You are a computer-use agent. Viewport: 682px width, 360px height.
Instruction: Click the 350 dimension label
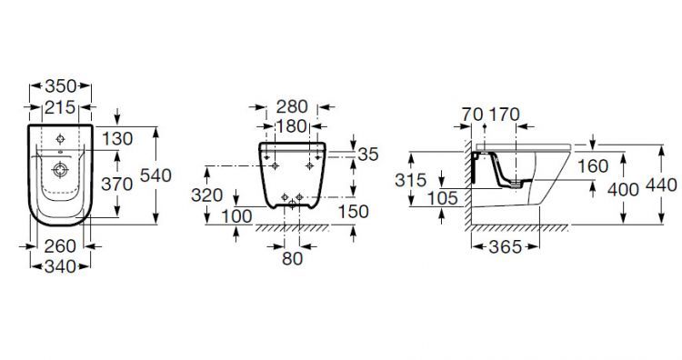click(x=60, y=86)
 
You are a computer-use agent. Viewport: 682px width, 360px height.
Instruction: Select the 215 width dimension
click(x=60, y=107)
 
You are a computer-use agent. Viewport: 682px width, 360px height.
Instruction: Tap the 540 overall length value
click(x=155, y=175)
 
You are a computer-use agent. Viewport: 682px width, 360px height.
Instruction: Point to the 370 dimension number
click(x=116, y=185)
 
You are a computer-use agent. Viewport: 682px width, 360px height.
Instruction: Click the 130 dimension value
click(x=117, y=139)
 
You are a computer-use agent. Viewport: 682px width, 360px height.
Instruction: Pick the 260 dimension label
click(x=60, y=246)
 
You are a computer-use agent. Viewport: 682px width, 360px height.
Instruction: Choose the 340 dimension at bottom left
click(x=60, y=266)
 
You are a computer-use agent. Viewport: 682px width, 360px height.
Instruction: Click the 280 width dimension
click(x=292, y=107)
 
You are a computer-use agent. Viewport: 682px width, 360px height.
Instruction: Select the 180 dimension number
click(x=292, y=126)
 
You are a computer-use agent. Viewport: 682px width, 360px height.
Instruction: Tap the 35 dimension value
click(x=368, y=155)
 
